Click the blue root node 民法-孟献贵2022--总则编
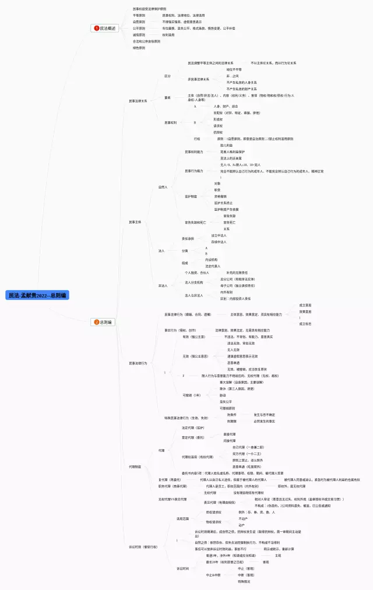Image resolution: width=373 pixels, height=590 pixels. pyautogui.click(x=37, y=295)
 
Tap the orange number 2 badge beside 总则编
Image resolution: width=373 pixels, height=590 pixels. pyautogui.click(x=97, y=322)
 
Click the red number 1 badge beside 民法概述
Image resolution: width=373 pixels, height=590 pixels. pyautogui.click(x=97, y=28)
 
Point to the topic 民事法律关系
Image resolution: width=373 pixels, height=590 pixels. pyautogui.click(x=138, y=101)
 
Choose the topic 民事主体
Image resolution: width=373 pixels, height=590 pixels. pyautogui.click(x=135, y=222)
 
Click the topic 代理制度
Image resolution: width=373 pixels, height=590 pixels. pyautogui.click(x=135, y=467)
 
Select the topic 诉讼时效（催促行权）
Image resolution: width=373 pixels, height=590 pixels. pyautogui.click(x=143, y=547)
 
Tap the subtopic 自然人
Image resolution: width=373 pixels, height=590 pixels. pyautogui.click(x=163, y=187)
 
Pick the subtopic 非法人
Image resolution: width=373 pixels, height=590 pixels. pyautogui.click(x=163, y=285)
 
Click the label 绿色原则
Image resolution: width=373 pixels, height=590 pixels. pyautogui.click(x=139, y=48)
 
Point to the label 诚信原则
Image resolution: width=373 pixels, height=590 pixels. pyautogui.click(x=139, y=35)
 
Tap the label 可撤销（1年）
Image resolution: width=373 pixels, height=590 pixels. pyautogui.click(x=192, y=395)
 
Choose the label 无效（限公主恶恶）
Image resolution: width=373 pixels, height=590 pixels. pyautogui.click(x=195, y=356)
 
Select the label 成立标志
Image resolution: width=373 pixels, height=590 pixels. pyautogui.click(x=305, y=324)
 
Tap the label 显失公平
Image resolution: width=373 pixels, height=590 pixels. pyautogui.click(x=226, y=401)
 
